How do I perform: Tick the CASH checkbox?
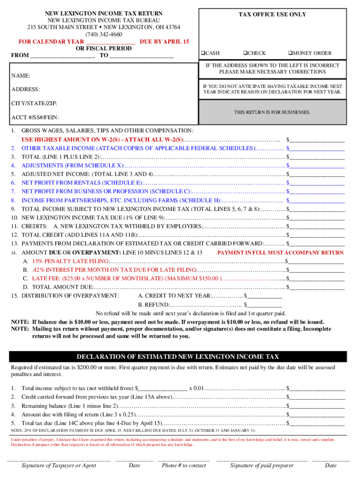tap(203, 53)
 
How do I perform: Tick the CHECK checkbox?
tap(245, 53)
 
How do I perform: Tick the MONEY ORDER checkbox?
tap(290, 53)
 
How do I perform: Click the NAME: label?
tap(21, 75)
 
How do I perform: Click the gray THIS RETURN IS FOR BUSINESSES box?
tap(272, 112)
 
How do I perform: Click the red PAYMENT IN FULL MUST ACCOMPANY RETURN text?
tap(281, 253)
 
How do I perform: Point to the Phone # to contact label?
tap(184, 465)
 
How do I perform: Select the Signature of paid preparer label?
tap(262, 465)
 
